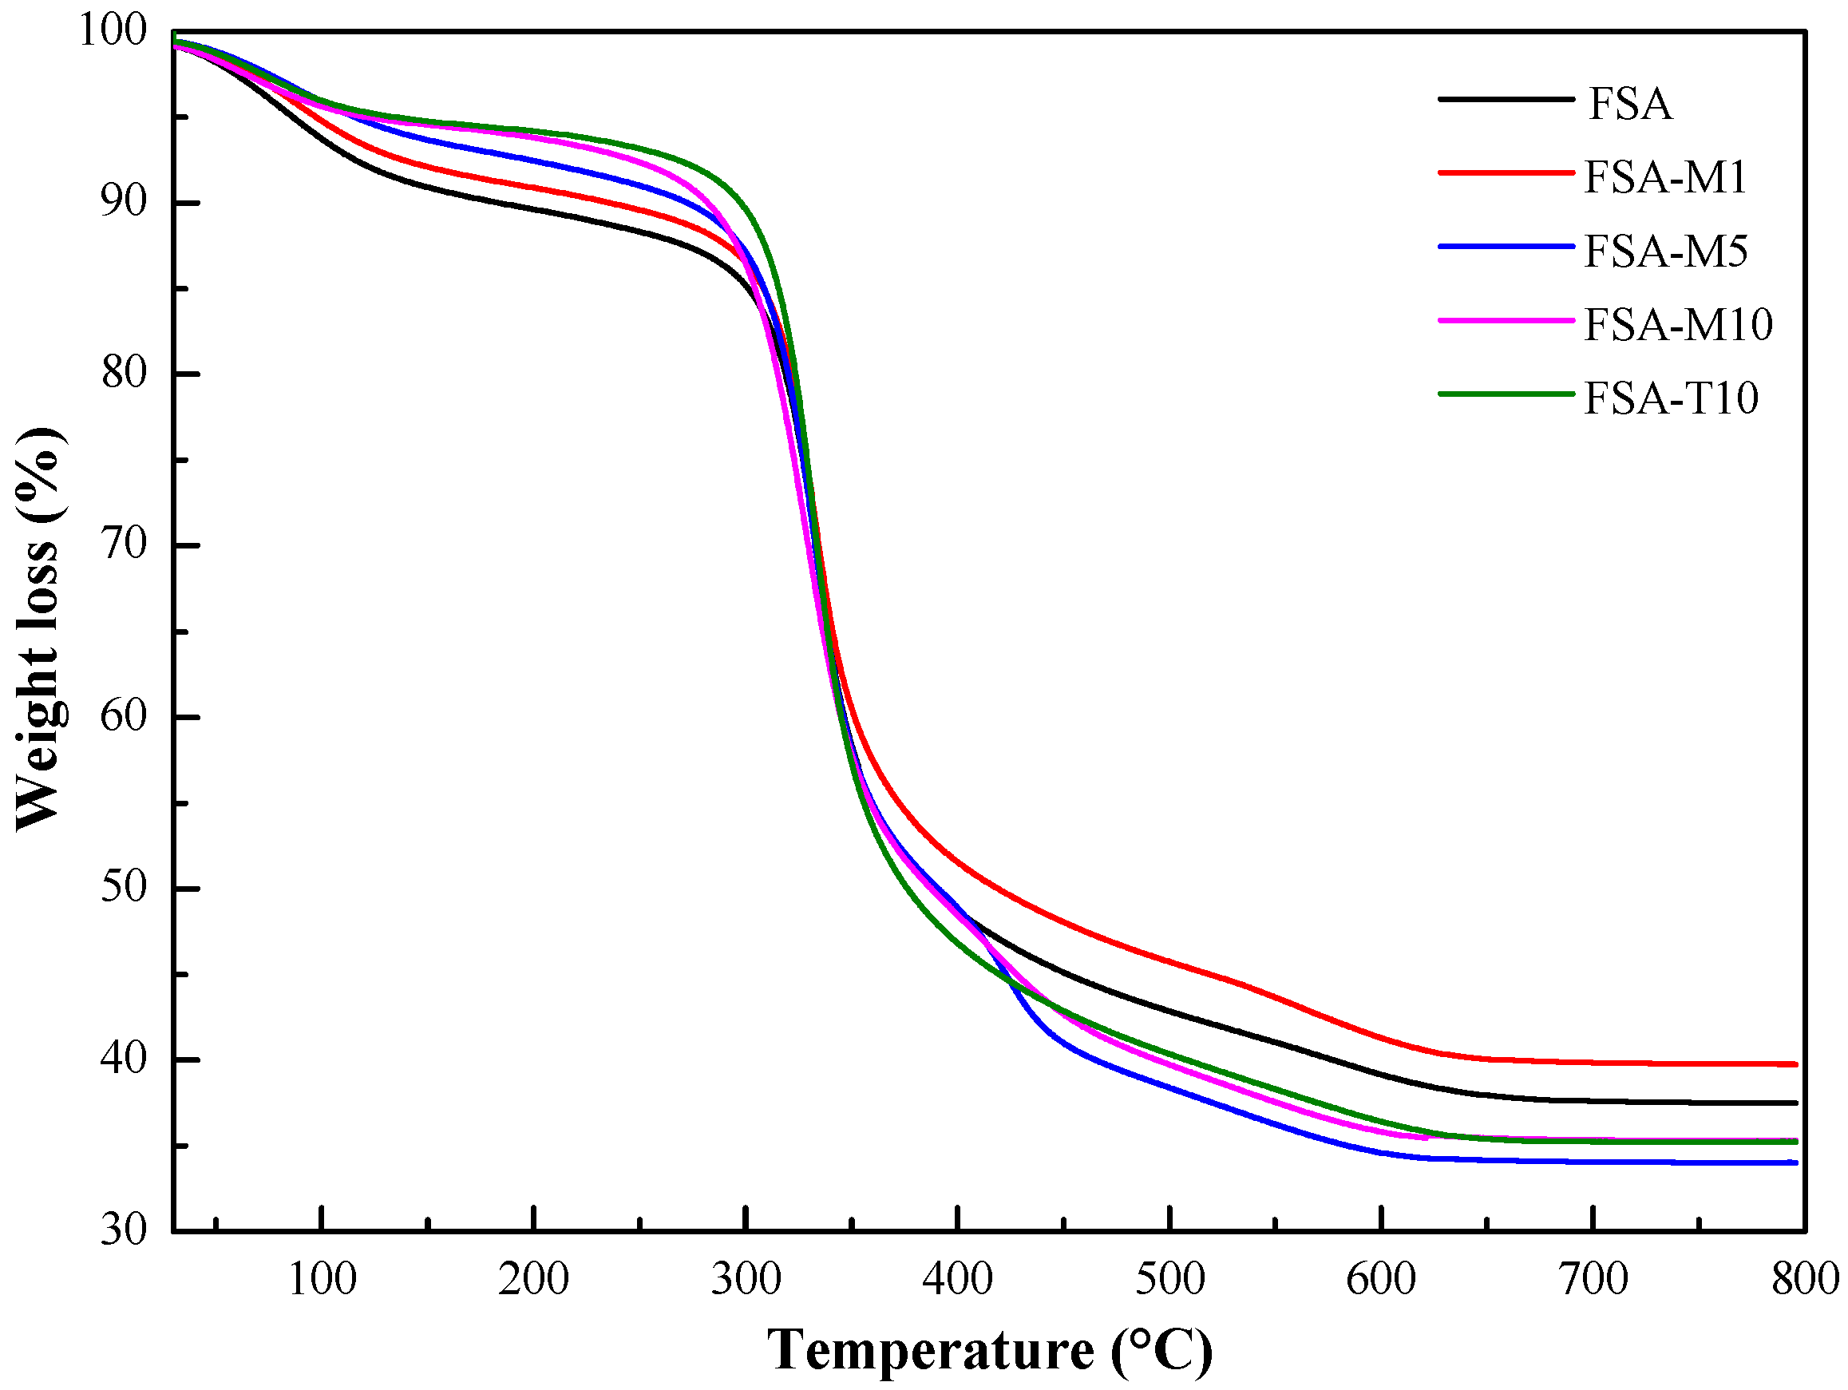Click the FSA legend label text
click(1629, 105)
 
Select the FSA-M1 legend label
click(1665, 177)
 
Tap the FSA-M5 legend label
click(1665, 251)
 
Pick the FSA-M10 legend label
click(1678, 324)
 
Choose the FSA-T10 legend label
click(1671, 398)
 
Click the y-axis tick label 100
click(112, 30)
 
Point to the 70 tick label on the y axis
click(123, 545)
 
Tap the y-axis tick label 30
click(123, 1230)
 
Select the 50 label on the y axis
click(123, 887)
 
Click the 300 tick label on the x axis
click(746, 1279)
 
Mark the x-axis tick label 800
click(1805, 1279)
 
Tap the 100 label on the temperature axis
click(322, 1279)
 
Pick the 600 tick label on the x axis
click(1381, 1279)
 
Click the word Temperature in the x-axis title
click(930, 1350)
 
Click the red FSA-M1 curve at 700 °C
click(1593, 1063)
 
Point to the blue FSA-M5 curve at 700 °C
click(1593, 1161)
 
